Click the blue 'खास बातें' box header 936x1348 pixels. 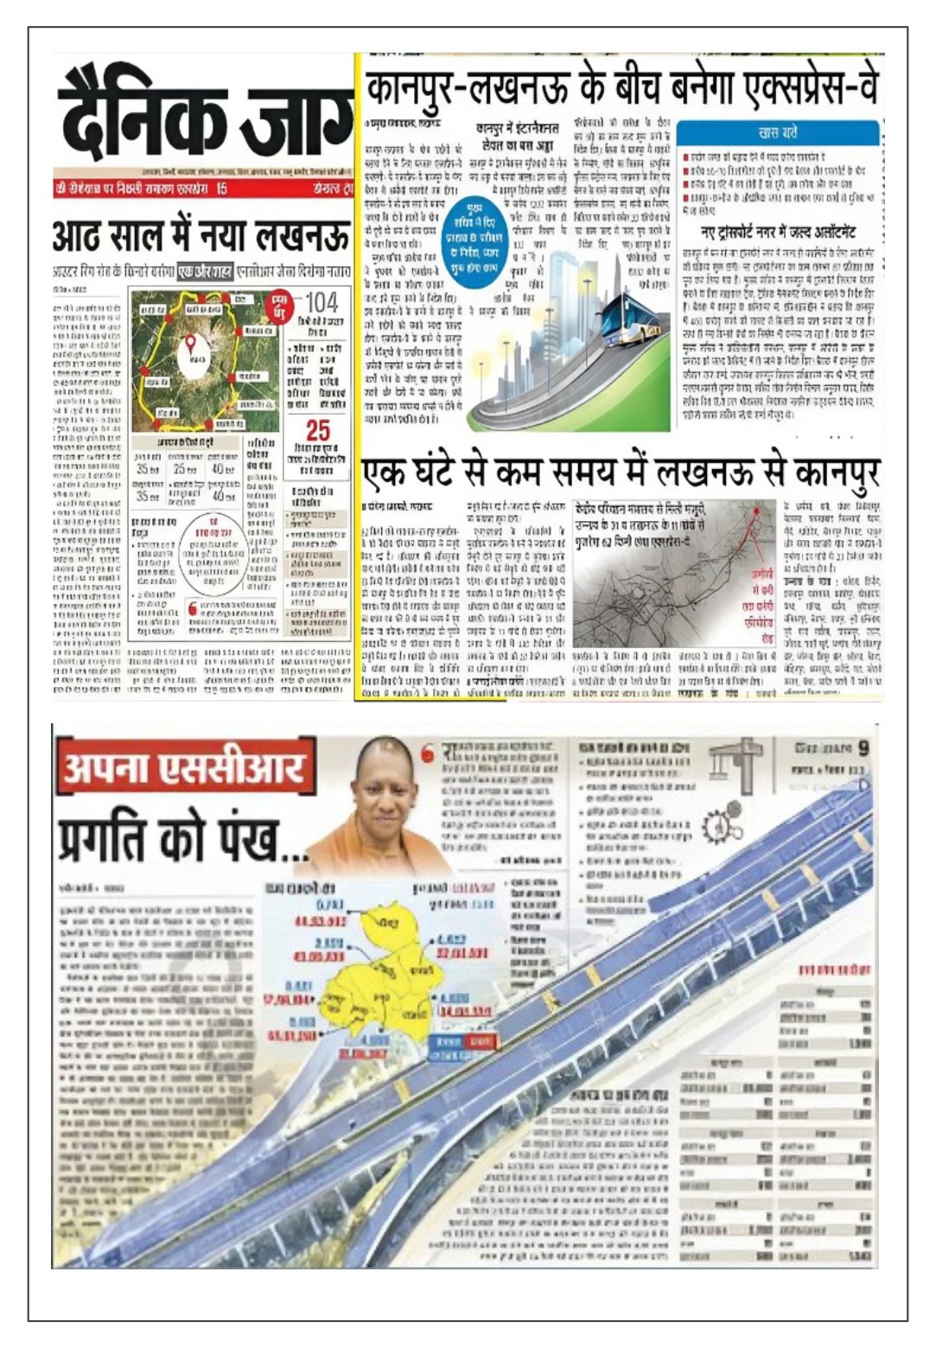pyautogui.click(x=778, y=133)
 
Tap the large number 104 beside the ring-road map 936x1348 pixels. pyautogui.click(x=321, y=303)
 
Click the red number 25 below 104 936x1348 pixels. pyautogui.click(x=317, y=430)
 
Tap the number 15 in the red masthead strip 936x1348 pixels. pyautogui.click(x=221, y=188)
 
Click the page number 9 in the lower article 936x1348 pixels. pyautogui.click(x=863, y=748)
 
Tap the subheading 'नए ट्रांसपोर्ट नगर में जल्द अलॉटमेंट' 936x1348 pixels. pyautogui.click(x=778, y=232)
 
